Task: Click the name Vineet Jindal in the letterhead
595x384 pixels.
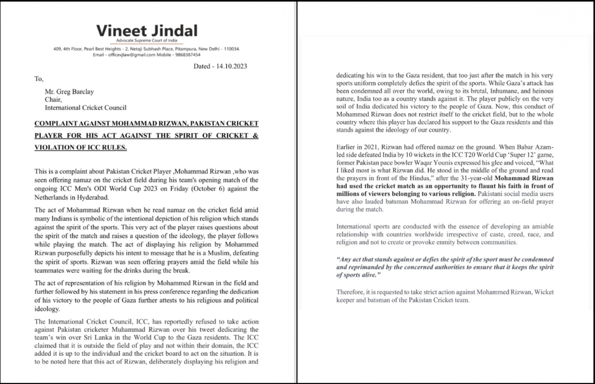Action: click(x=147, y=31)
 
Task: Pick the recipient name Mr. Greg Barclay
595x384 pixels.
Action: click(x=69, y=92)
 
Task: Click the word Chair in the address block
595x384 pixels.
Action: click(x=53, y=99)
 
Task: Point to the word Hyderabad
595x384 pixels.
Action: click(x=94, y=197)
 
